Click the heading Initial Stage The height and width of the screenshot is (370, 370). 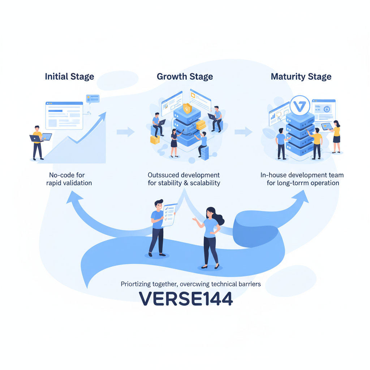tap(69, 77)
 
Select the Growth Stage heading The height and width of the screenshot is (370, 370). tap(185, 77)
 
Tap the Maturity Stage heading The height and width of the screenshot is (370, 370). tap(301, 77)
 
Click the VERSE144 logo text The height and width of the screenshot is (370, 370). tap(186, 298)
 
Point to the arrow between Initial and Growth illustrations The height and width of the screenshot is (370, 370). tap(125, 132)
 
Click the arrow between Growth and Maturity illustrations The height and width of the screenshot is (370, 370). tap(243, 132)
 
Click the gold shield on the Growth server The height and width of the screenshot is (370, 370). tap(187, 108)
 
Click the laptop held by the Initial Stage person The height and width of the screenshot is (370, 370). tap(47, 137)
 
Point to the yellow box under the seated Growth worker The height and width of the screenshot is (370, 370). tap(155, 140)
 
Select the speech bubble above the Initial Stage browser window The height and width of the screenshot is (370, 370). tap(92, 98)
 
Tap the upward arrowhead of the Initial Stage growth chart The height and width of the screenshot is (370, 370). tap(102, 116)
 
